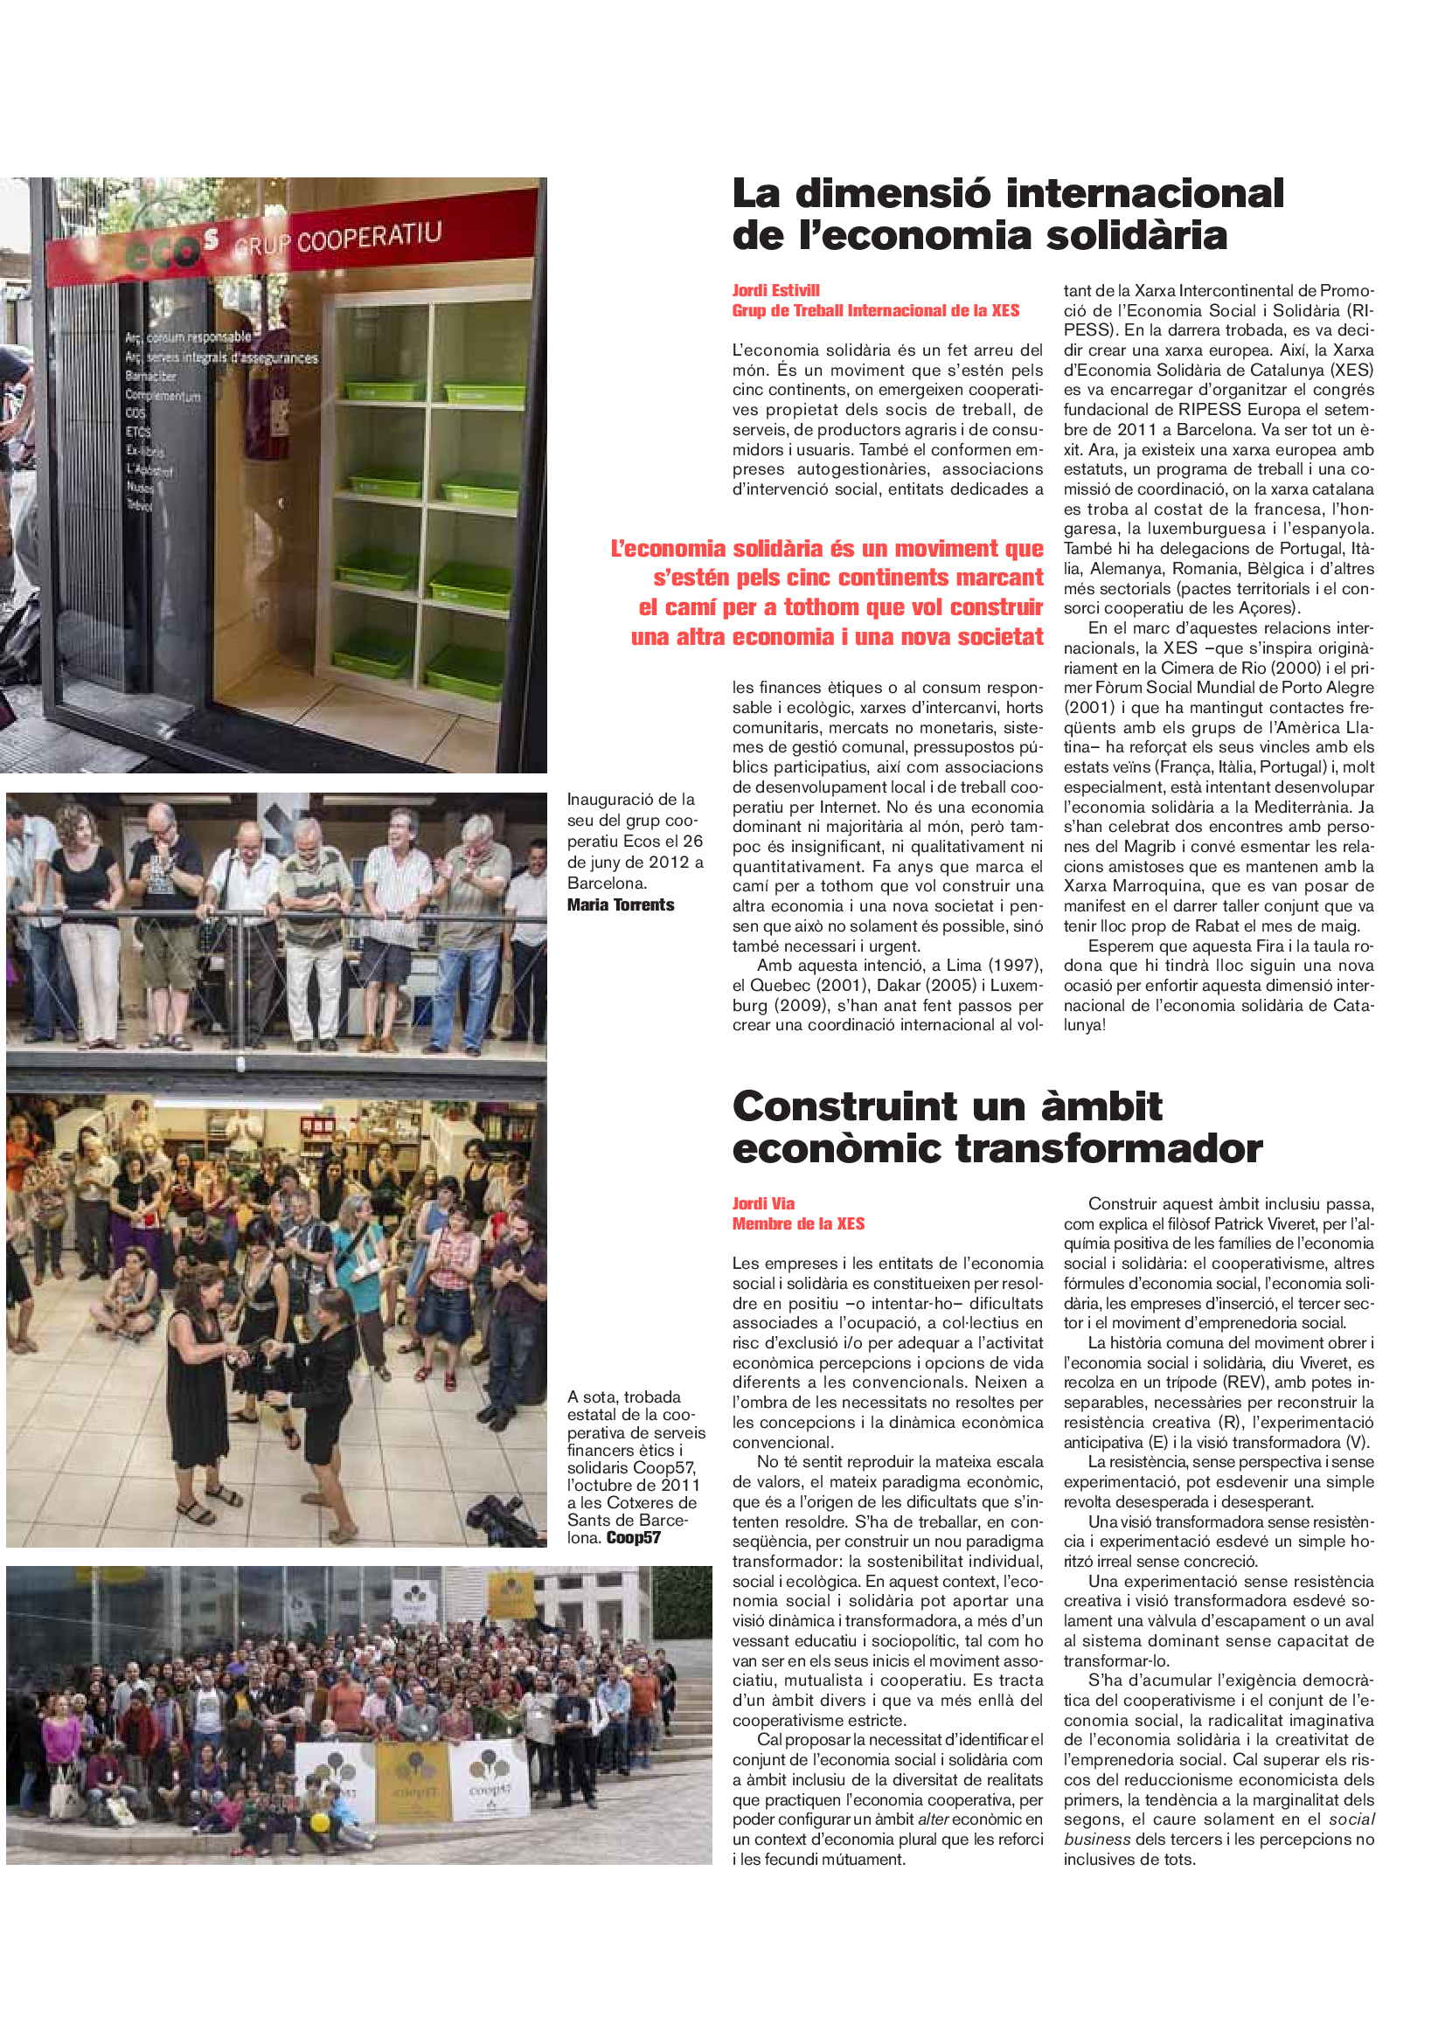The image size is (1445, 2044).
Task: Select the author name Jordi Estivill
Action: pyautogui.click(x=775, y=290)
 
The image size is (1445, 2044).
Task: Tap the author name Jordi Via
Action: pyautogui.click(x=763, y=1203)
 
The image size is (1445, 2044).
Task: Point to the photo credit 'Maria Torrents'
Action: pyautogui.click(x=621, y=905)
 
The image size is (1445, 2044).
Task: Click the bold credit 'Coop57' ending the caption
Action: pyautogui.click(x=633, y=1537)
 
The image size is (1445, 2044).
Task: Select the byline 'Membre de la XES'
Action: pyautogui.click(x=798, y=1224)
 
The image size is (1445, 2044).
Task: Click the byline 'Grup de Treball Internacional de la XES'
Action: pyautogui.click(x=875, y=311)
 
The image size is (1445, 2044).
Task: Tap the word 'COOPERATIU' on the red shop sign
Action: pyautogui.click(x=369, y=238)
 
